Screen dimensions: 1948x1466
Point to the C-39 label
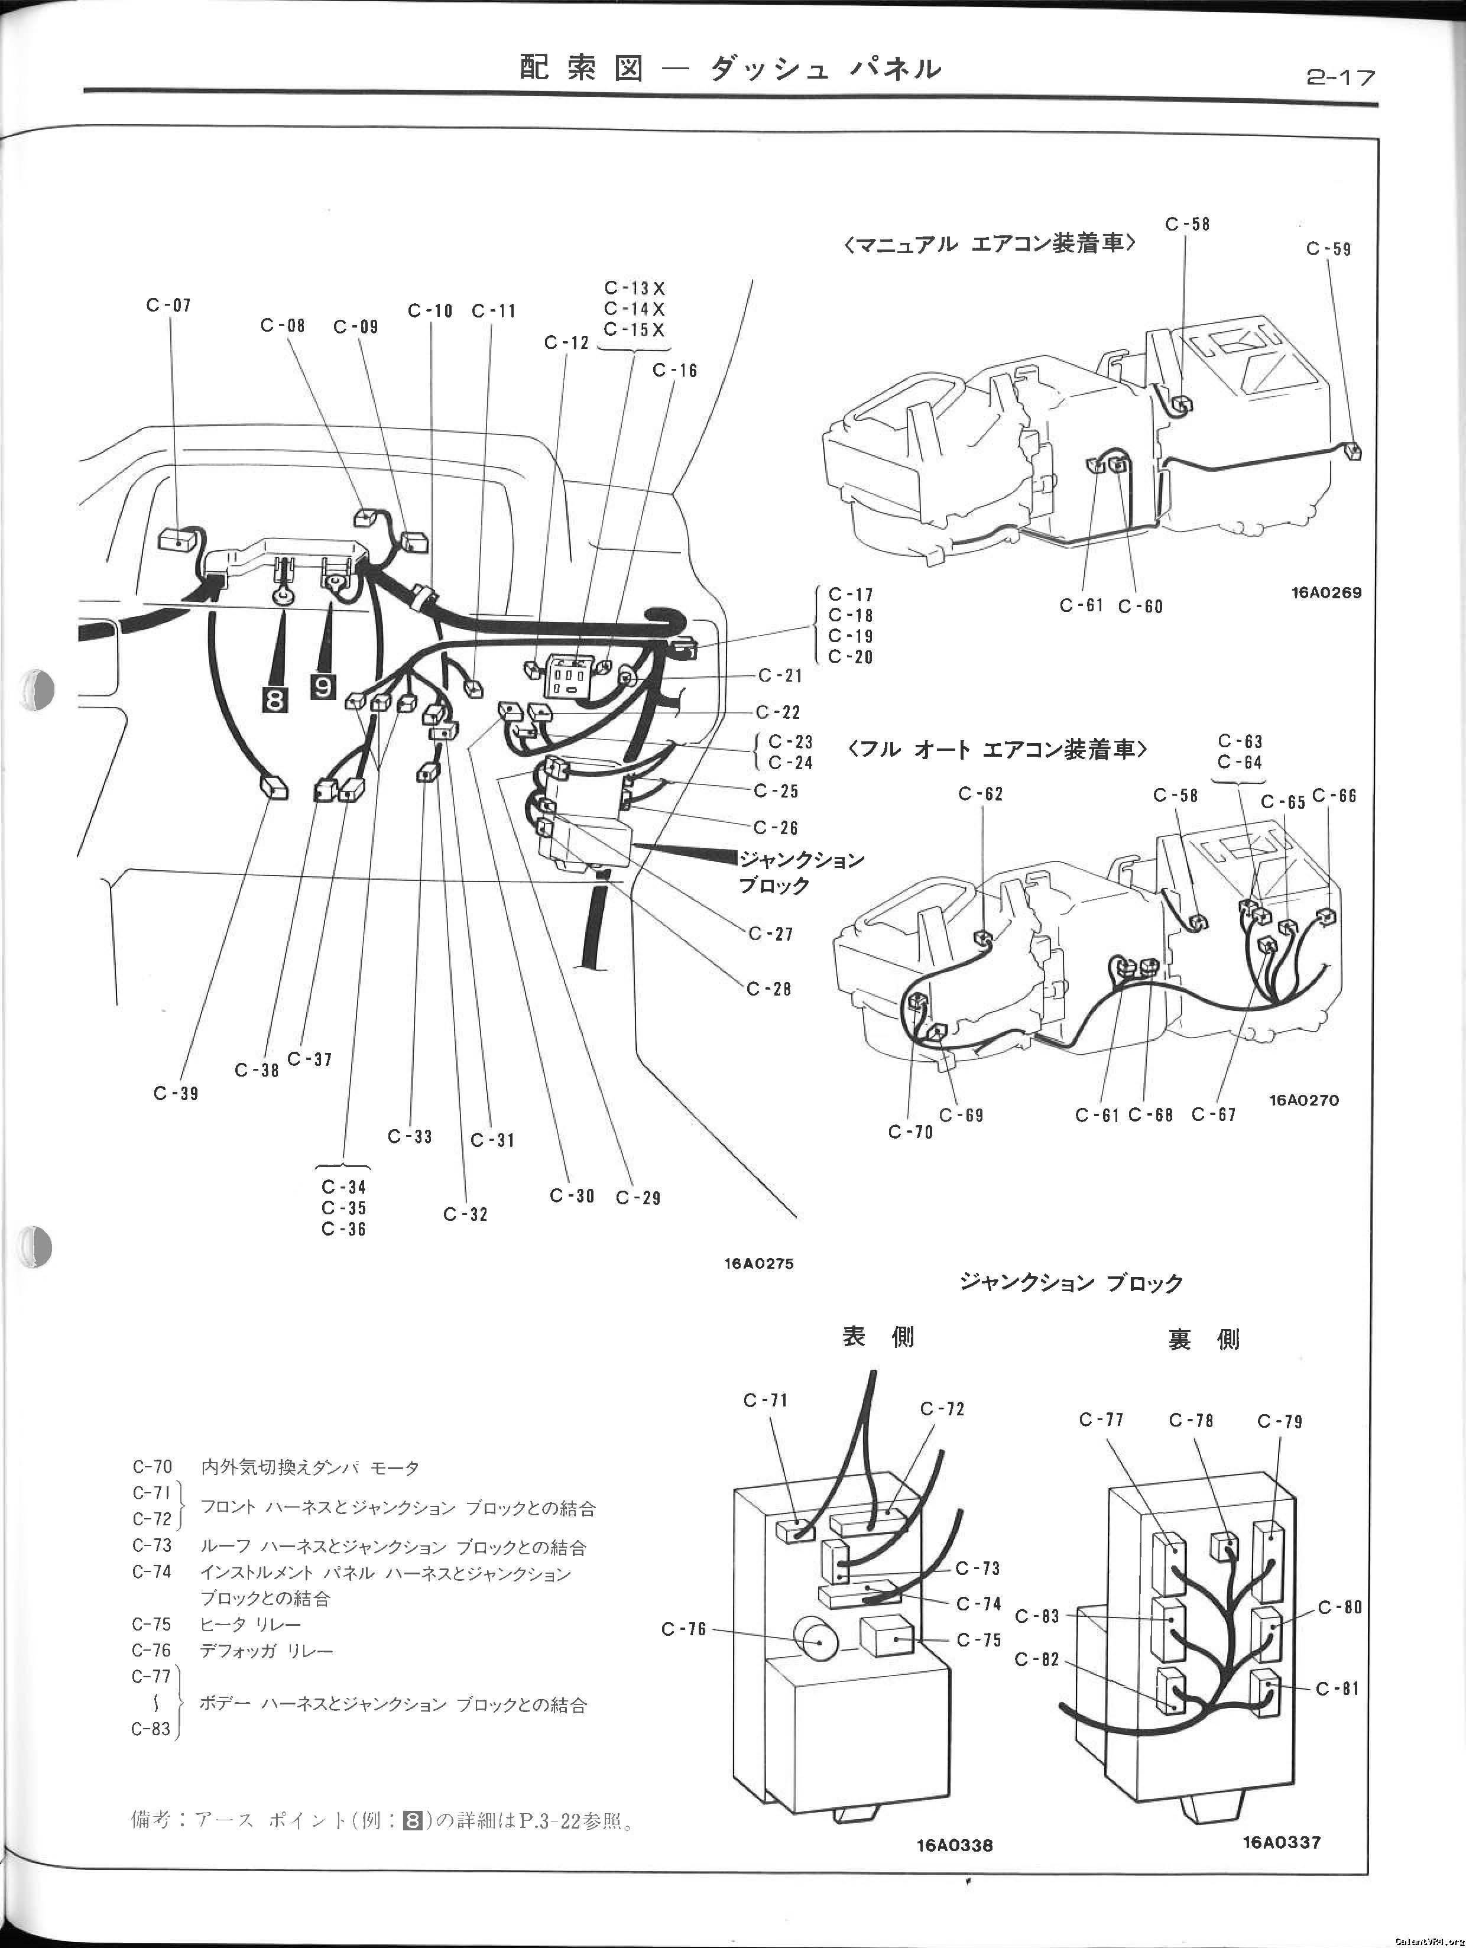coord(176,1094)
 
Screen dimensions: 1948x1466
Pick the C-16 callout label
coord(674,371)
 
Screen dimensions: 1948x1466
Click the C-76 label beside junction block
coord(684,1629)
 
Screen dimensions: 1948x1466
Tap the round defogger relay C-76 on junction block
coord(818,1641)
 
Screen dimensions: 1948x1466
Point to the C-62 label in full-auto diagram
coord(980,795)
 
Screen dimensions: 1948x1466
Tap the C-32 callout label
coord(466,1214)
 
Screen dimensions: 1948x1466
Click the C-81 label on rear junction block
coord(1338,1689)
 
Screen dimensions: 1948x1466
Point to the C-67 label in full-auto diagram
coord(1214,1115)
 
